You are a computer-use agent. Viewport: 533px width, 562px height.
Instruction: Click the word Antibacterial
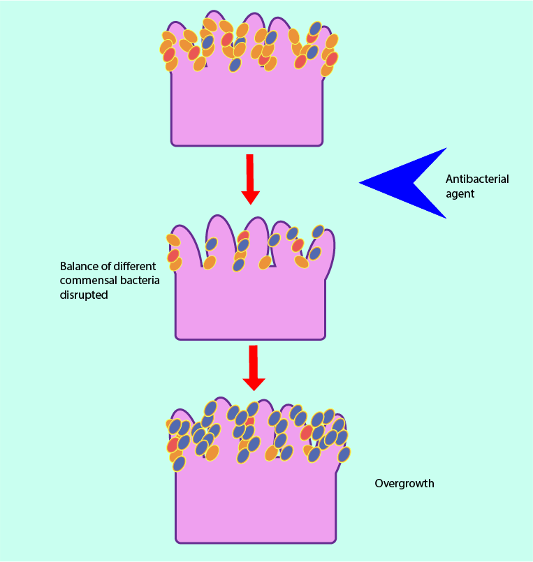tap(477, 179)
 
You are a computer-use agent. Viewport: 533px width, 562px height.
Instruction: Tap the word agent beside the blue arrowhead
tap(460, 194)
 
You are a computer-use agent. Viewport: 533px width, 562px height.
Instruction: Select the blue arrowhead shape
tap(405, 183)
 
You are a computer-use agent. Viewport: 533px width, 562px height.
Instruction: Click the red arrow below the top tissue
tap(249, 179)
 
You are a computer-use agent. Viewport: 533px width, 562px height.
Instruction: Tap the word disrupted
tap(84, 295)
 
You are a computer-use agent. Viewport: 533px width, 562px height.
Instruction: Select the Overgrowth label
tap(404, 483)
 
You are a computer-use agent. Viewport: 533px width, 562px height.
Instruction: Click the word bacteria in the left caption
tap(139, 281)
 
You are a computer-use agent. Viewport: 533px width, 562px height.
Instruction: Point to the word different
tap(137, 267)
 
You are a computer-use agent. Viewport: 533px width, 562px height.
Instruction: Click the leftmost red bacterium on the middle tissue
tap(173, 256)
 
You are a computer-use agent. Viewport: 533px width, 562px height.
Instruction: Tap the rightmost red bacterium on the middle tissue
tap(298, 245)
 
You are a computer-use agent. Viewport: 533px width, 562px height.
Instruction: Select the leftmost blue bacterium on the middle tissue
tap(211, 244)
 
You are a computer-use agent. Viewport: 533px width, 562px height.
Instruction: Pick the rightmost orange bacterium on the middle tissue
tap(302, 262)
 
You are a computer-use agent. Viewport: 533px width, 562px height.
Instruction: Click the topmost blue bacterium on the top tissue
tap(316, 28)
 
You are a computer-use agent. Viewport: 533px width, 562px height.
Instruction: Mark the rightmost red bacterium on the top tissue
tap(332, 59)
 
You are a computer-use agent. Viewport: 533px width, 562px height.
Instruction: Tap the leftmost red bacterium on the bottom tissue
tap(173, 445)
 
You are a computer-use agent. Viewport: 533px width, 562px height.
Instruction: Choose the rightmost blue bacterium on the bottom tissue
tap(344, 454)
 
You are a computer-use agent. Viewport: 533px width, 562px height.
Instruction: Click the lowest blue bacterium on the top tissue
tap(235, 65)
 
